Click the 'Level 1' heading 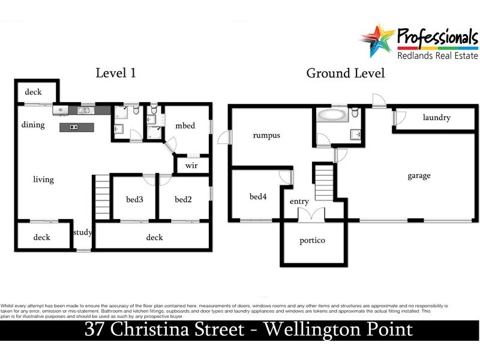point(116,73)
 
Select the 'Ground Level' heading point(346,73)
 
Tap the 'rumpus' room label point(266,136)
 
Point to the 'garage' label point(419,176)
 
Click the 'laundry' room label point(436,118)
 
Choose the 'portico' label point(312,241)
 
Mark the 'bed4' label point(259,196)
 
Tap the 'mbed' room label point(185,126)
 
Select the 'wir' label point(191,165)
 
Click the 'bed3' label point(134,199)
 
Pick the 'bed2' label point(183,199)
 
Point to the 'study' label point(82,233)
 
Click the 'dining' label point(33,125)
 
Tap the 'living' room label point(43,179)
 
